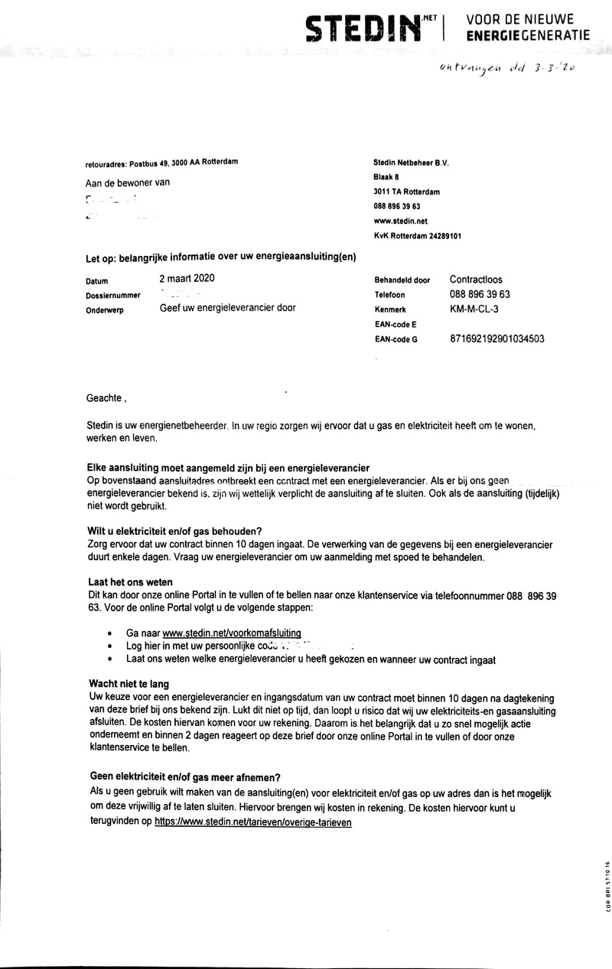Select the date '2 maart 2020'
coord(187,280)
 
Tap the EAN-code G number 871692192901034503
coord(497,339)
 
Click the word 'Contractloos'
coord(476,280)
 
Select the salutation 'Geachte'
coord(104,398)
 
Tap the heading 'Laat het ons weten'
coord(129,582)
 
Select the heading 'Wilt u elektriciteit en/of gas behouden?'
coord(175,531)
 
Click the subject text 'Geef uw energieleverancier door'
coord(226,309)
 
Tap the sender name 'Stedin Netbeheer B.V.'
coord(410,162)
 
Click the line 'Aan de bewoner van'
coord(127,183)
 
